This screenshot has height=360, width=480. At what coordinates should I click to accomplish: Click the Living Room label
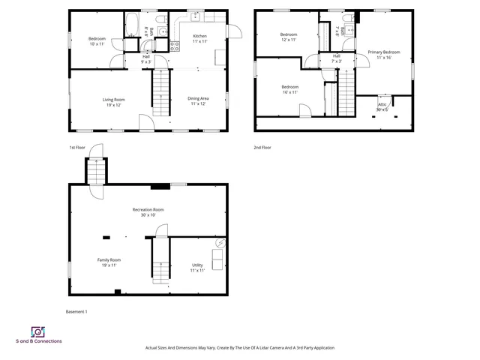(x=113, y=102)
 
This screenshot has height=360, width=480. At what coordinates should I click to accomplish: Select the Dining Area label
(x=198, y=101)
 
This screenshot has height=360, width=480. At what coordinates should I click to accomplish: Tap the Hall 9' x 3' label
(x=147, y=58)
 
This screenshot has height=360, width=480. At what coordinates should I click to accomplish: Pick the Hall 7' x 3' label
(x=336, y=58)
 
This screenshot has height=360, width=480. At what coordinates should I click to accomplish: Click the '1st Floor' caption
(x=77, y=148)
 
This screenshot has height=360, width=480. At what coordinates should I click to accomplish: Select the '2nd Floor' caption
(x=262, y=148)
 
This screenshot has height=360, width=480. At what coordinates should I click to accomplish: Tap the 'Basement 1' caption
(x=77, y=310)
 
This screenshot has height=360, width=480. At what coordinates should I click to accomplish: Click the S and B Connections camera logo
(x=38, y=331)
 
